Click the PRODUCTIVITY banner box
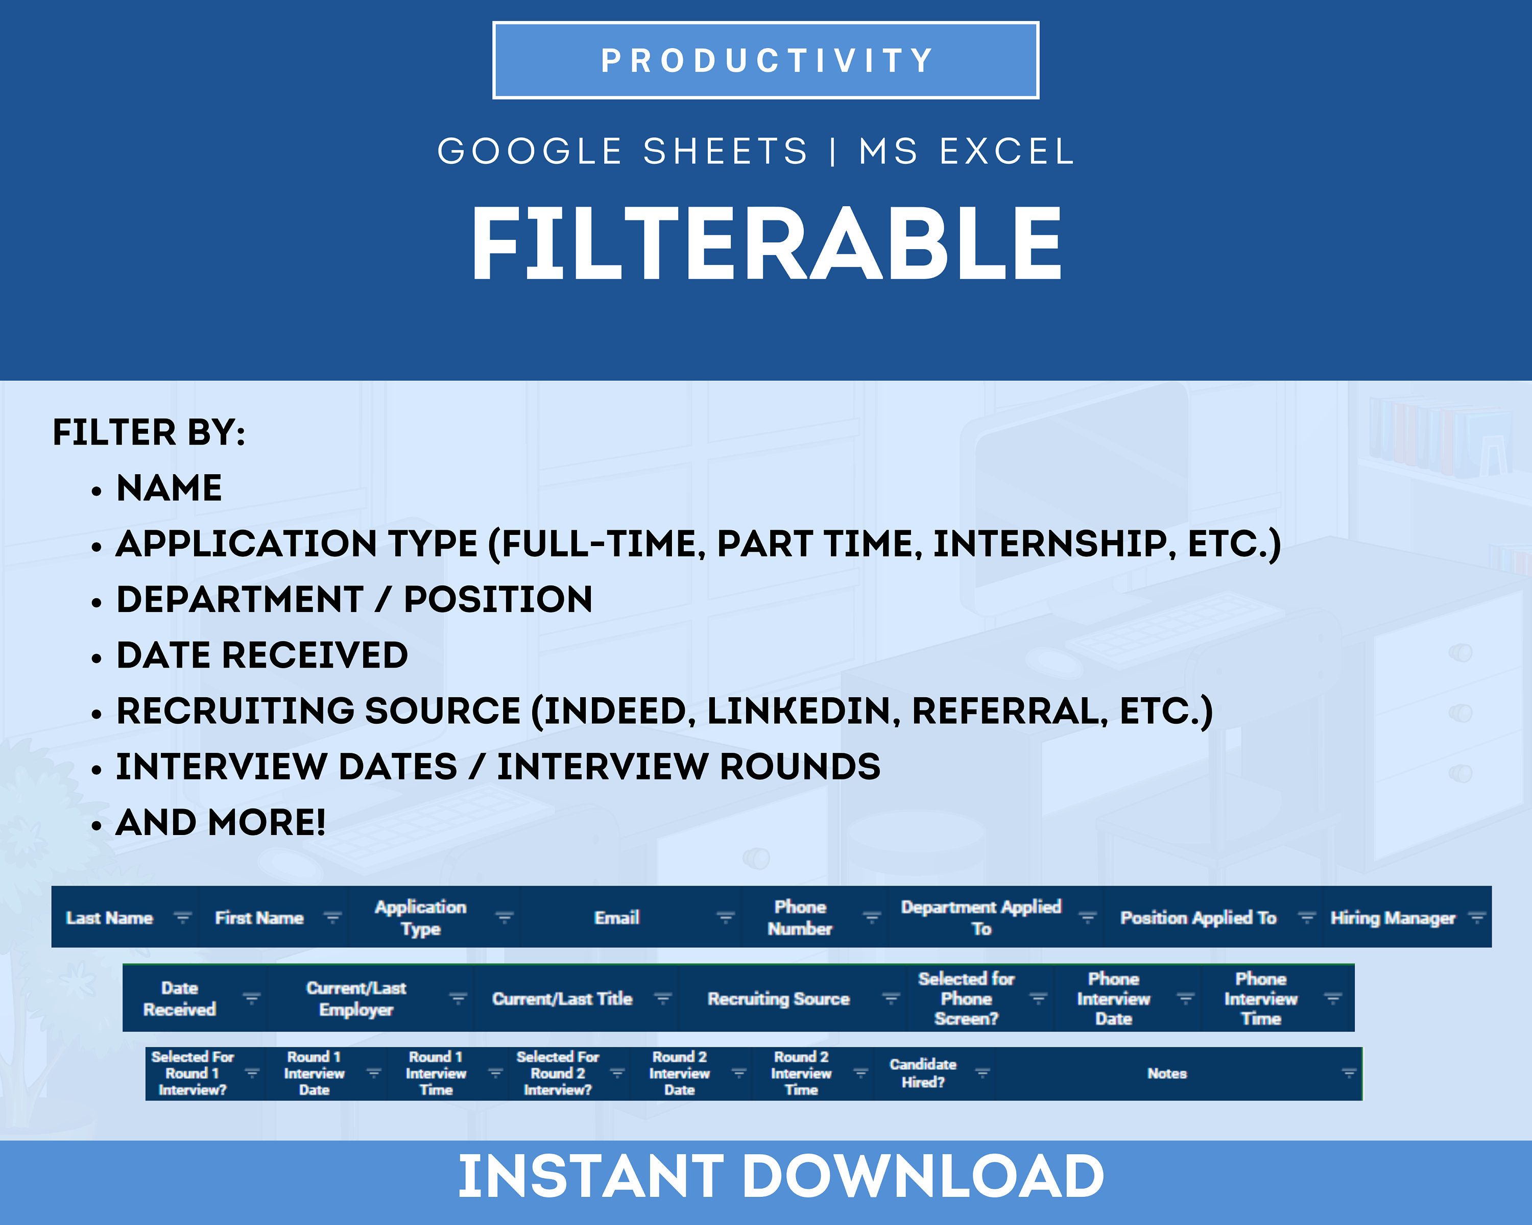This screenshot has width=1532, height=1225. (765, 60)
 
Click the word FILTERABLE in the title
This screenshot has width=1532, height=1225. (766, 245)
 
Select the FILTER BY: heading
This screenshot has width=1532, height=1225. (149, 432)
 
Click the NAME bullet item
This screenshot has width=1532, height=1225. (169, 488)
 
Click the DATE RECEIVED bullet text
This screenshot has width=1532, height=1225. (262, 655)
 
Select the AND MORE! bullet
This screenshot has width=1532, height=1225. (220, 823)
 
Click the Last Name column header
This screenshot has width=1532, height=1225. (109, 918)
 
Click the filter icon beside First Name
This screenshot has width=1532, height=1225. (332, 918)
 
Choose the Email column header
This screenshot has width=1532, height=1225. (617, 918)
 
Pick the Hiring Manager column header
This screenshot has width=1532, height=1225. (1393, 918)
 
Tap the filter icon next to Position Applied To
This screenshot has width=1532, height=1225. (1306, 918)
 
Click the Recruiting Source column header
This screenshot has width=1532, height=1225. (778, 999)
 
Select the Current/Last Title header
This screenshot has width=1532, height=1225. (562, 999)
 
